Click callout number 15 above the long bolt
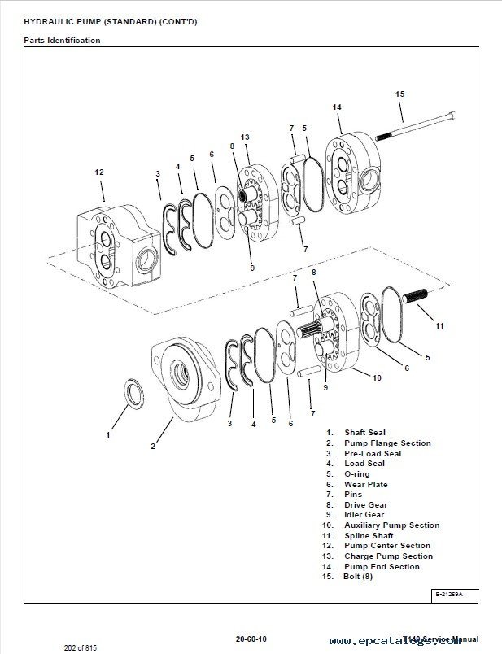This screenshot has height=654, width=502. click(399, 94)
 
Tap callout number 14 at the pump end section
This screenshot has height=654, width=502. click(337, 107)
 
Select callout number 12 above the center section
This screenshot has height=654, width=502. click(99, 172)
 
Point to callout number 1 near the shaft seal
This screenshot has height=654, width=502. click(107, 435)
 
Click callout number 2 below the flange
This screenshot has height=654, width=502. click(152, 445)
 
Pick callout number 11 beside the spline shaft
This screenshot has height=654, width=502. click(440, 326)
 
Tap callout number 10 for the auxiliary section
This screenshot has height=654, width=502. click(377, 377)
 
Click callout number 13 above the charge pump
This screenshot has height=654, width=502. click(244, 137)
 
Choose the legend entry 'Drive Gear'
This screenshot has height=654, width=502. click(365, 504)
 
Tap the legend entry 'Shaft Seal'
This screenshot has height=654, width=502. click(364, 433)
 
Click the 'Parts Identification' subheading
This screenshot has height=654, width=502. click(62, 41)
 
